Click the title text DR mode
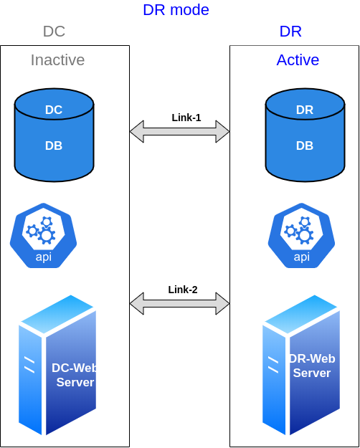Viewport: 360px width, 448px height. [x=176, y=10]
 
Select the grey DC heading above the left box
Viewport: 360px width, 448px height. [x=54, y=32]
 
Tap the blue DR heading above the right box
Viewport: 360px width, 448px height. [x=290, y=32]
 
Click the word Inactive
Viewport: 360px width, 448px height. [x=57, y=60]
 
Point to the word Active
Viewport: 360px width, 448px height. [x=298, y=60]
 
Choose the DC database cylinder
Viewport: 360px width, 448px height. [x=54, y=135]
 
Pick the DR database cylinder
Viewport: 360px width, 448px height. [x=305, y=135]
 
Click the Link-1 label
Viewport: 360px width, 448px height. [x=186, y=118]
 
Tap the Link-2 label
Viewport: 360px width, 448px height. [x=183, y=290]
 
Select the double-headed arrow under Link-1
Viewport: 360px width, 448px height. [x=179, y=131]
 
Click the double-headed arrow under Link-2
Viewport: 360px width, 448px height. [x=179, y=303]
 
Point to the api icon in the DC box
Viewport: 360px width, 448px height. [x=44, y=235]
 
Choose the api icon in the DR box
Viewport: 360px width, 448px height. [x=301, y=235]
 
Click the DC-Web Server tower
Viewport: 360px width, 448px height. [x=57, y=365]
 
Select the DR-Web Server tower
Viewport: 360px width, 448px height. [x=301, y=365]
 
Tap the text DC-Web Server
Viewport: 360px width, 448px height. [x=75, y=375]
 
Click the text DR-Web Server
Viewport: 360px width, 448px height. [x=312, y=366]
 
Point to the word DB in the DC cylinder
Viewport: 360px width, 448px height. [x=54, y=146]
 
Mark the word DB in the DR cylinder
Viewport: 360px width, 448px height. [x=305, y=146]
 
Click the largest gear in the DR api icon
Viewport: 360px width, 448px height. [x=304, y=235]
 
